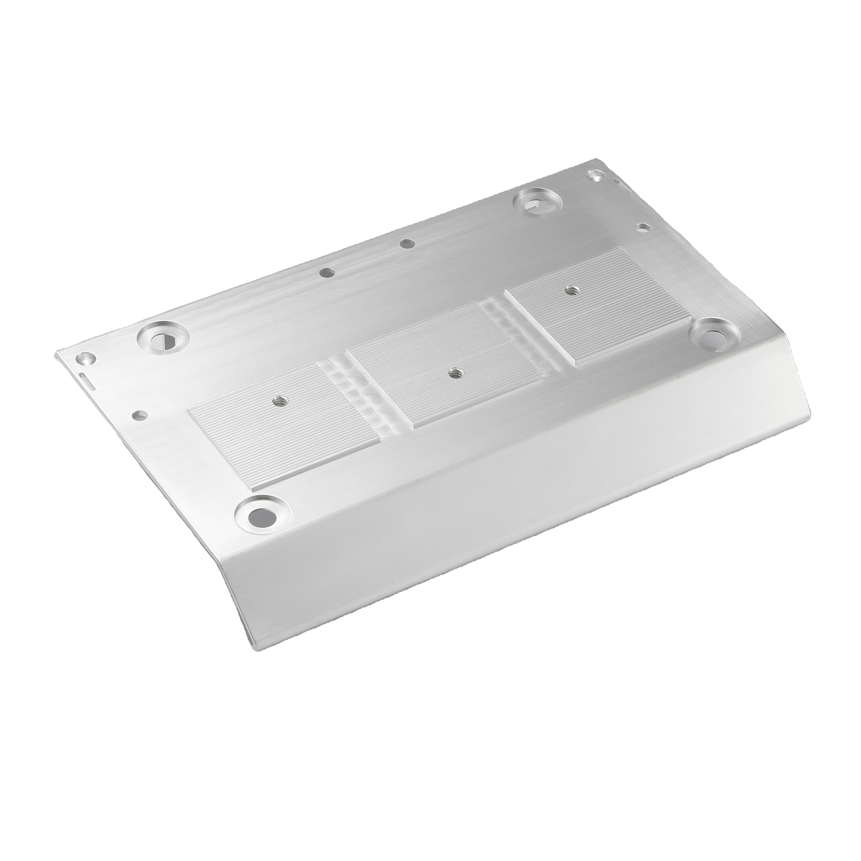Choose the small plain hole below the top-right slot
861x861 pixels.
tap(642, 227)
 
